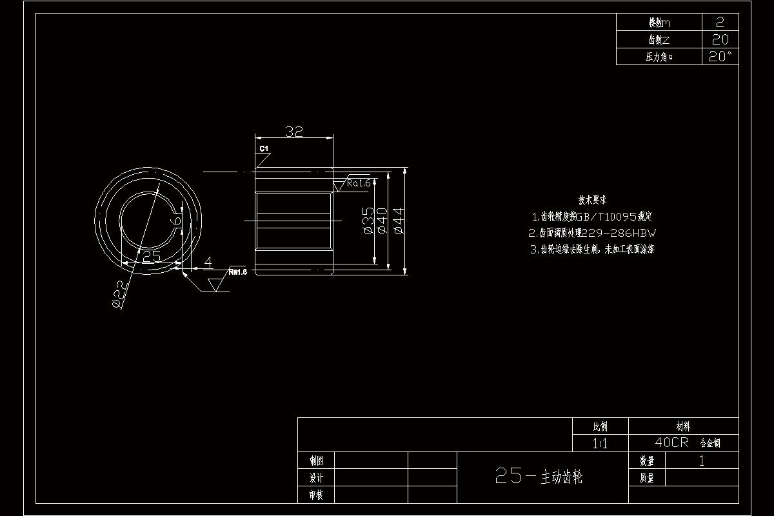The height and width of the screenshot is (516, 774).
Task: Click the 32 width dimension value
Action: [294, 132]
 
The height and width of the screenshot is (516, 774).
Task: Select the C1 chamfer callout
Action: [264, 149]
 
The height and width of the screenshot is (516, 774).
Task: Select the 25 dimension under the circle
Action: [151, 256]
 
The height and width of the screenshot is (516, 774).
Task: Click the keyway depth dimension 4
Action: [208, 262]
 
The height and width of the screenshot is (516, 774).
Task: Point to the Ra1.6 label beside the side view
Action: [359, 183]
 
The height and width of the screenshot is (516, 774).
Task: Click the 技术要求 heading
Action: [592, 200]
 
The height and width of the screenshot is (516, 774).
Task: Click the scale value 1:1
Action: [600, 443]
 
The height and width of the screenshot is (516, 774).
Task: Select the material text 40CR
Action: [672, 443]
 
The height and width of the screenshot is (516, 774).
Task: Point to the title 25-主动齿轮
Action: [539, 477]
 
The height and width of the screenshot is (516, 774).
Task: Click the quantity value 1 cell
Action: [701, 461]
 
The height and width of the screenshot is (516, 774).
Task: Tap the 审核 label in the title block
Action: [316, 495]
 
